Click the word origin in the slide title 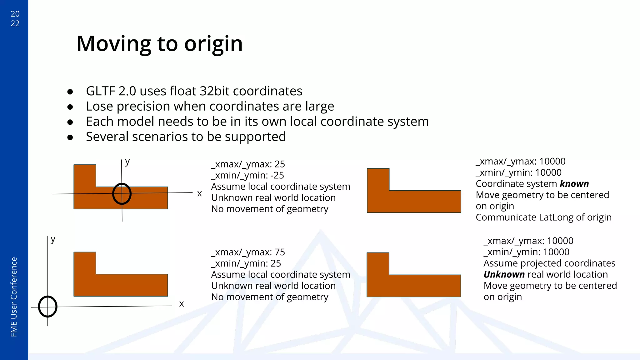click(x=213, y=44)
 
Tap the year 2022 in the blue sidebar click(x=15, y=18)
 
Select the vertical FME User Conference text click(x=14, y=297)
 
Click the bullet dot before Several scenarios click(x=70, y=137)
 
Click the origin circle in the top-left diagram click(x=122, y=194)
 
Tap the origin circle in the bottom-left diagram click(x=47, y=307)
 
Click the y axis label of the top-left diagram click(x=127, y=162)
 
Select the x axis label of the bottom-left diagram click(x=181, y=304)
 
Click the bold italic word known click(x=574, y=184)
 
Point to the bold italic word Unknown click(x=504, y=274)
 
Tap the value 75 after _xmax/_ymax click(x=280, y=252)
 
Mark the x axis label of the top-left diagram click(x=199, y=194)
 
